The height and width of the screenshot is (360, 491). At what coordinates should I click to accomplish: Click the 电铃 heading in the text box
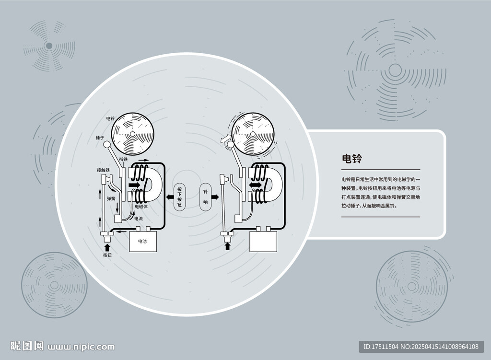[351, 159]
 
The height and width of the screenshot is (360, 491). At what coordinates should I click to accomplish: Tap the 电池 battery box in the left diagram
[143, 241]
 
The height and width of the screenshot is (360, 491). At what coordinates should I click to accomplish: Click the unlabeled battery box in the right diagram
[263, 241]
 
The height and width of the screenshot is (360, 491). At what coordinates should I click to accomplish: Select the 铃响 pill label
[205, 197]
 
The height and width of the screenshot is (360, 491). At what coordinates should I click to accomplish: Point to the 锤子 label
[100, 138]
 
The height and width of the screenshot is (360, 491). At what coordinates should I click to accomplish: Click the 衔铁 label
[123, 159]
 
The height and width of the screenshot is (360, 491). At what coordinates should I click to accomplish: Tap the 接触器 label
[104, 170]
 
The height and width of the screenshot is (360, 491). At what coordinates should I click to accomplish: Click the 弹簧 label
[111, 198]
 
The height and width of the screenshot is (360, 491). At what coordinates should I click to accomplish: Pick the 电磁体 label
[141, 207]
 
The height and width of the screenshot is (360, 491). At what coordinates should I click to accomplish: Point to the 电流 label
[139, 218]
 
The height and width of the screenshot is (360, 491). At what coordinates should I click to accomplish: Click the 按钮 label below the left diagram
[107, 255]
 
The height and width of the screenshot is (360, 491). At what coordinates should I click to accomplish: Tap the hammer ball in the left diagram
[107, 145]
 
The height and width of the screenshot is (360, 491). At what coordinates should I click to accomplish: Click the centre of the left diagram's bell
[132, 134]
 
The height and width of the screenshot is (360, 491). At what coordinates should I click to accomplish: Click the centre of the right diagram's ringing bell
[253, 134]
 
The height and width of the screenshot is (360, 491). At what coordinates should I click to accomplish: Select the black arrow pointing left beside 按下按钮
[169, 197]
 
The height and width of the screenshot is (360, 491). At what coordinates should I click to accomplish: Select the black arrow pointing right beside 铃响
[215, 197]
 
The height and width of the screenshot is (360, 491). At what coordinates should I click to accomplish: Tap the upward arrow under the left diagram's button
[107, 247]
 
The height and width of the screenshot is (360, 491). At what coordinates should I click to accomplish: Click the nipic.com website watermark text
[81, 347]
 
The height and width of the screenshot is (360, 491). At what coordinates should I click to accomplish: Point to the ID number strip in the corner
[421, 347]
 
